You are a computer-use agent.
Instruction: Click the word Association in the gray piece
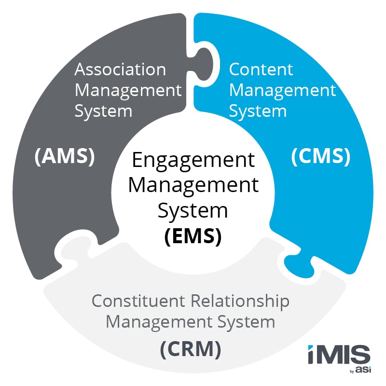click(120, 69)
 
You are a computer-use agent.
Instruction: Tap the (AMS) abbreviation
click(64, 157)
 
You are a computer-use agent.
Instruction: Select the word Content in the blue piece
click(261, 69)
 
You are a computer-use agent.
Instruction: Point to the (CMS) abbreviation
click(320, 157)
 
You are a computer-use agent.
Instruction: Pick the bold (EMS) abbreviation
click(193, 237)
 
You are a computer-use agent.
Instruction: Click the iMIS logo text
click(339, 356)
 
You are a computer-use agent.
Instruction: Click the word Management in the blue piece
click(282, 90)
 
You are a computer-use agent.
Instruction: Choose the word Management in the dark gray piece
click(128, 90)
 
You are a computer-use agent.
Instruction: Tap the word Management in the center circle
click(193, 186)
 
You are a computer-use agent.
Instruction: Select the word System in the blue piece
click(258, 111)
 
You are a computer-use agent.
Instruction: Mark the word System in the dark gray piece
click(103, 111)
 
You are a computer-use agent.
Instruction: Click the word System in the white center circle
click(193, 211)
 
